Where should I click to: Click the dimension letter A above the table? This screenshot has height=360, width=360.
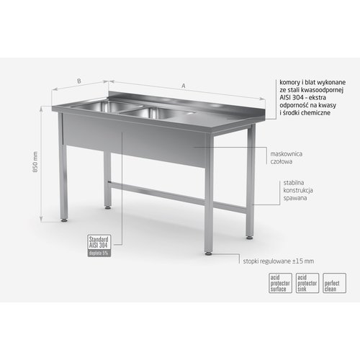[184, 86]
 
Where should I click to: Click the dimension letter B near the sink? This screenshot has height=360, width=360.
[78, 82]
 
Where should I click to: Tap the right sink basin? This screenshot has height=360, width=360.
[159, 113]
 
